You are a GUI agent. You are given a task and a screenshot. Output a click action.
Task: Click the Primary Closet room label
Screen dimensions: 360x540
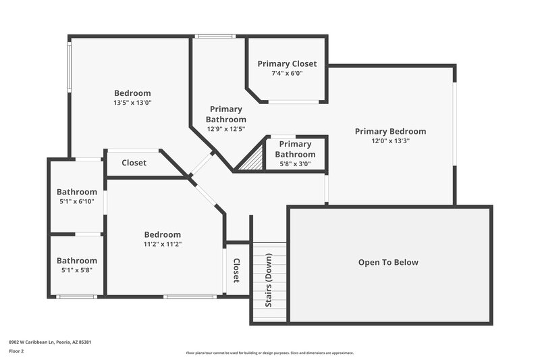point(287,64)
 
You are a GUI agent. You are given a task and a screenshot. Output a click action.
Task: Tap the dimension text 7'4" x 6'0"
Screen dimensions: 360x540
point(287,74)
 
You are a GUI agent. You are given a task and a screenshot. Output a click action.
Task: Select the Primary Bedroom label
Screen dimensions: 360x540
point(390,131)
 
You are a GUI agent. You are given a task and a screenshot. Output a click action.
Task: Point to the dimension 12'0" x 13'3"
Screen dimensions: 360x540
point(390,141)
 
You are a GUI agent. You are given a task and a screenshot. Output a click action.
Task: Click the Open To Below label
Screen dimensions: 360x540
point(388,262)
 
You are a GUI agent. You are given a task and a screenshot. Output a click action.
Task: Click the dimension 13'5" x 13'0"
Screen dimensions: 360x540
point(132,103)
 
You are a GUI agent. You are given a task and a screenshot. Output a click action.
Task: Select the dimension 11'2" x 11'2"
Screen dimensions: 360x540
point(162,245)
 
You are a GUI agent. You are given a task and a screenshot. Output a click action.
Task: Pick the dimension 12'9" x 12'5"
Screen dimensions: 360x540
point(225,129)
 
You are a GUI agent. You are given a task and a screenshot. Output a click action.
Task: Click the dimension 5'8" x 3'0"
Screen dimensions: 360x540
point(295,163)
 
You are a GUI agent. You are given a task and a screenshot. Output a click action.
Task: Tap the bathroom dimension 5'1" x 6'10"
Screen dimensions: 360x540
point(76,201)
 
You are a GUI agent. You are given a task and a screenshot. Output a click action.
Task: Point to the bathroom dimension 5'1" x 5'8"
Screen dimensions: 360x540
point(76,270)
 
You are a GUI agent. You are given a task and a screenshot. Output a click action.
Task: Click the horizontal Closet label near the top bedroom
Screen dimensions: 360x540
point(134,163)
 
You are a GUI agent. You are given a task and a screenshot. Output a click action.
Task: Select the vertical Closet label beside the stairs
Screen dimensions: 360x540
point(236,271)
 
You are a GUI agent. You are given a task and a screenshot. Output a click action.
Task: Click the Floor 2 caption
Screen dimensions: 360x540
point(17,352)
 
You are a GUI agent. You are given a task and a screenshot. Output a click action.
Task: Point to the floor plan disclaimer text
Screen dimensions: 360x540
point(269,353)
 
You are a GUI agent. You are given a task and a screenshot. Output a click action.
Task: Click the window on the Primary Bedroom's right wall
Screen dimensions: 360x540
point(454,125)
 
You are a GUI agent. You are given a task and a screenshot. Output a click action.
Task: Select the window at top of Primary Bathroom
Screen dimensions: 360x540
point(215,36)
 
